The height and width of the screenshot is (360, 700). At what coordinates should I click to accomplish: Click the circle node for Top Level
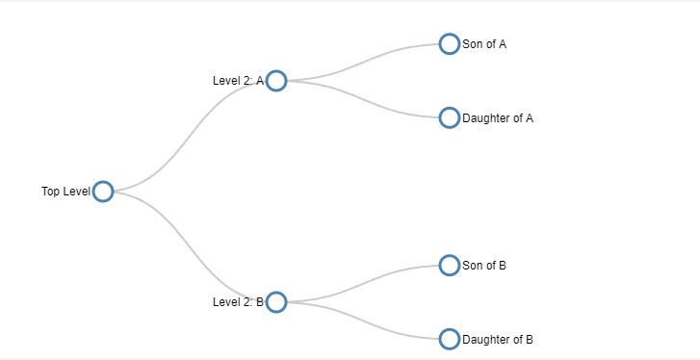(x=103, y=183)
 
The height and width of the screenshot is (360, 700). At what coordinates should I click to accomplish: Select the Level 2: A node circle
(x=276, y=72)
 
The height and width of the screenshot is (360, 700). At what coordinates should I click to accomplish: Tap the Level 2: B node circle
(x=276, y=294)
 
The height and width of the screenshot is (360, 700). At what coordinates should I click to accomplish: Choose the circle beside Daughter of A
(x=450, y=109)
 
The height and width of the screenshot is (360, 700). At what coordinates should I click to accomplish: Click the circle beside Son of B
(x=450, y=256)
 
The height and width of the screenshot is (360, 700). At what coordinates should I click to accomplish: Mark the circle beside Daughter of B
(x=450, y=330)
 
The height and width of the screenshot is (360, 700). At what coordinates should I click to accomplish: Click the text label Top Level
(x=66, y=192)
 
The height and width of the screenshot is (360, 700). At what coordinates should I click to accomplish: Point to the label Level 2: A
(x=239, y=81)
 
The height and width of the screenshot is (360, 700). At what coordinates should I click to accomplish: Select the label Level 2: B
(x=239, y=302)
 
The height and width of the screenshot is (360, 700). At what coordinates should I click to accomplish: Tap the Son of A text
(x=484, y=44)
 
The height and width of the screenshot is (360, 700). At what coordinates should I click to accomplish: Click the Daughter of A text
(x=498, y=118)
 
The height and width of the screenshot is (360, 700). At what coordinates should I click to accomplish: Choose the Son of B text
(x=484, y=266)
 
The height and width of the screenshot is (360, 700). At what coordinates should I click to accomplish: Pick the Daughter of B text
(x=498, y=340)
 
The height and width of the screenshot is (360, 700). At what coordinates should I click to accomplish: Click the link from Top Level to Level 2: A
(x=190, y=137)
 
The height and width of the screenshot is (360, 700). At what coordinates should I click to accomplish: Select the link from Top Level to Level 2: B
(x=190, y=247)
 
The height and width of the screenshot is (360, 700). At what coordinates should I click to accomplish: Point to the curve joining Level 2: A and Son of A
(x=363, y=63)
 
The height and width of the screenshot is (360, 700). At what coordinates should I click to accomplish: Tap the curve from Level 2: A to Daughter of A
(x=363, y=99)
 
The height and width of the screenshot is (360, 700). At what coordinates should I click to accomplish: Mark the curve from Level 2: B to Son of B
(x=363, y=284)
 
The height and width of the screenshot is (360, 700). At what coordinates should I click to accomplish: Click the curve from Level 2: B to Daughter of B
(x=363, y=321)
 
